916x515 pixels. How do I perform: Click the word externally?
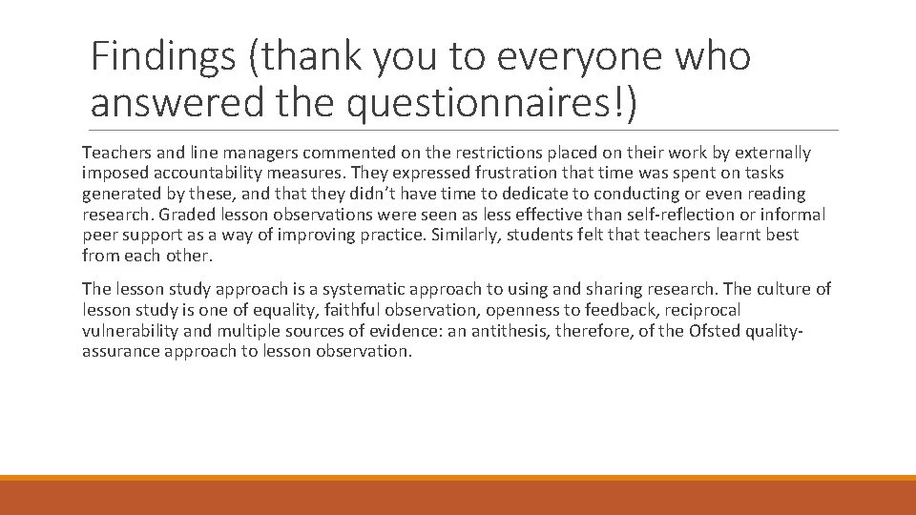767,153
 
